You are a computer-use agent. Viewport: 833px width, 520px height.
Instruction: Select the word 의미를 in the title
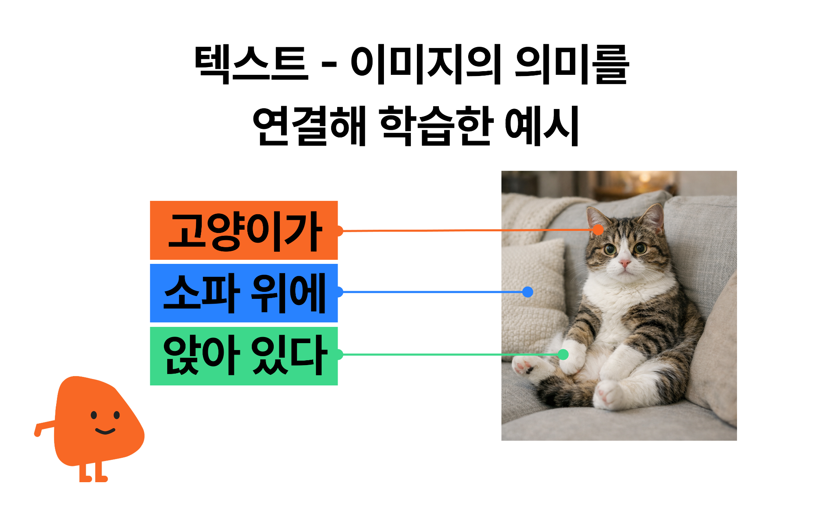[x=571, y=64]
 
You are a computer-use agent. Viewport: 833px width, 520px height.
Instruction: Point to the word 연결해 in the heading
[x=309, y=125]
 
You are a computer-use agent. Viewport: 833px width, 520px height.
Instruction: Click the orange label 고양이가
[x=244, y=230]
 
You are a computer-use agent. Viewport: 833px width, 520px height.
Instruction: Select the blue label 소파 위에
[x=244, y=293]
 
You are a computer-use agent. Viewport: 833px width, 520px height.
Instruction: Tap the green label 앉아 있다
[x=244, y=356]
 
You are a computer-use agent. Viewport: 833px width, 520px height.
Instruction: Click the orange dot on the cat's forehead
[x=597, y=230]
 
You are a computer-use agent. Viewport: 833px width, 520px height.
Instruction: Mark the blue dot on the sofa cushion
[x=528, y=292]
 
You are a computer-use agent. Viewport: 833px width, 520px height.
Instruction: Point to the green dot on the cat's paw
[x=563, y=355]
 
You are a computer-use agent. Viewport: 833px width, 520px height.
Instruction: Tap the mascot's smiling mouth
[x=105, y=431]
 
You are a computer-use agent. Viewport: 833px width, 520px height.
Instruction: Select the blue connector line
[x=431, y=292]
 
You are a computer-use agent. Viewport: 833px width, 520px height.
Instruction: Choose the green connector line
[x=431, y=355]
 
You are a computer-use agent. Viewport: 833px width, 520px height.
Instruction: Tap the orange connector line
[x=431, y=231]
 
